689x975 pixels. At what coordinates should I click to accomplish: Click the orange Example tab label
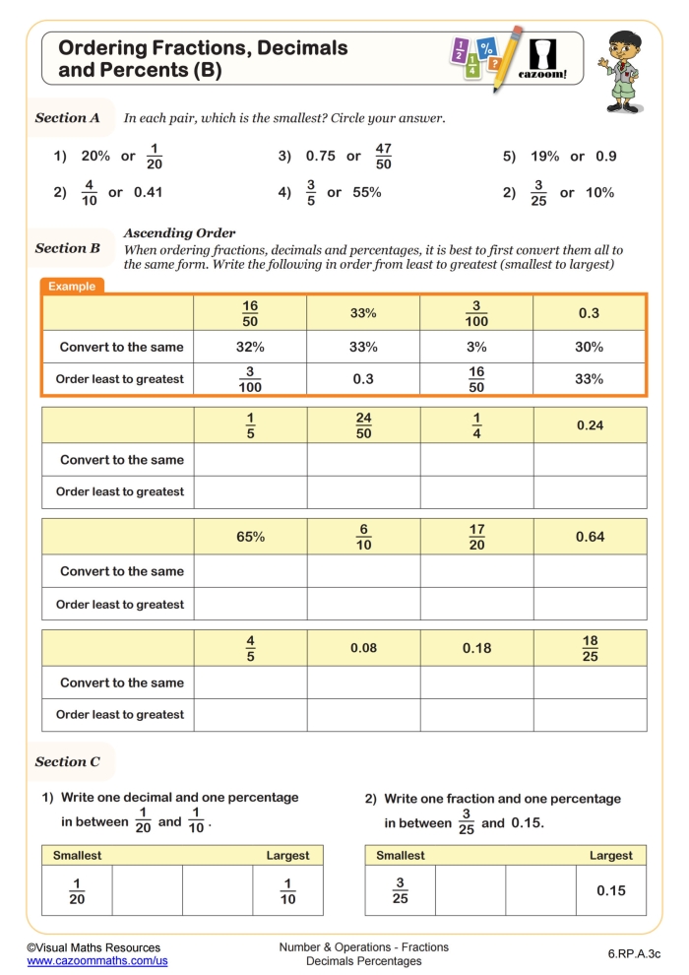coord(73,287)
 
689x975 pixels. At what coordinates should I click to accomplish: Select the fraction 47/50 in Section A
coord(383,156)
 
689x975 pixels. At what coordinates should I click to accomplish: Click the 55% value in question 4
coord(367,192)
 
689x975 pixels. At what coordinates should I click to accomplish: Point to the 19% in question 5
coord(544,156)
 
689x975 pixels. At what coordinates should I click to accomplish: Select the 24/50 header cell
coord(363,425)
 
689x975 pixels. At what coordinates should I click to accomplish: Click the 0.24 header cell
coord(590,425)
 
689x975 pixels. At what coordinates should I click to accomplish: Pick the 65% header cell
coord(250,537)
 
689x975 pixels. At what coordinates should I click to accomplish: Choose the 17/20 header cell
coord(476,537)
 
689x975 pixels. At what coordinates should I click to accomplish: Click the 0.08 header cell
coord(363,648)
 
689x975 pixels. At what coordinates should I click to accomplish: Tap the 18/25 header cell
coord(590,648)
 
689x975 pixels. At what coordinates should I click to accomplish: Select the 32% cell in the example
coord(250,347)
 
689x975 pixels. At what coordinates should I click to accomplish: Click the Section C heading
coord(67,761)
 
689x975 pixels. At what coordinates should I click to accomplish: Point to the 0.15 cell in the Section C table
coord(610,890)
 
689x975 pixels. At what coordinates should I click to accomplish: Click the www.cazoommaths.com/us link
coord(96,960)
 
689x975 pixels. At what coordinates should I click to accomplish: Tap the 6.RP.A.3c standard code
coord(634,953)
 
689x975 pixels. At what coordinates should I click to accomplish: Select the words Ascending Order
coord(179,233)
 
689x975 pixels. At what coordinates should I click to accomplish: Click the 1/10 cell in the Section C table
coord(287,890)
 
